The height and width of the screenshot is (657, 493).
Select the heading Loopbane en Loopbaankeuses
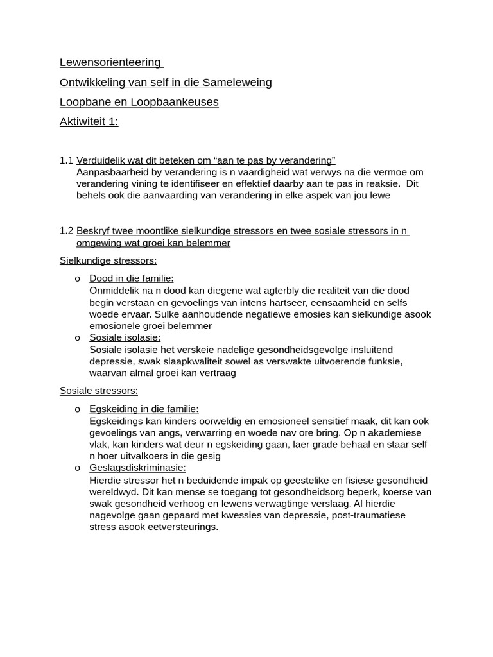tap(139, 102)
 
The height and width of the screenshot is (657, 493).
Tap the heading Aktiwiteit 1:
tap(89, 122)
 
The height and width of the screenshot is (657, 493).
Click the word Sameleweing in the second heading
tap(237, 82)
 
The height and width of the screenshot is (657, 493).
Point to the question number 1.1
tap(66, 160)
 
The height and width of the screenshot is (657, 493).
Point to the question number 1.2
tap(66, 231)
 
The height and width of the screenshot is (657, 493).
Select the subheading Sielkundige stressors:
tap(108, 260)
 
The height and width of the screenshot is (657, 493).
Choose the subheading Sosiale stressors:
tap(98, 391)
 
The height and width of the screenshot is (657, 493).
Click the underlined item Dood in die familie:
tap(132, 278)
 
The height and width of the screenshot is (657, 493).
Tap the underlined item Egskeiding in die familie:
tap(144, 409)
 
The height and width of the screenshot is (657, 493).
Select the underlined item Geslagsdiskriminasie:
tap(137, 468)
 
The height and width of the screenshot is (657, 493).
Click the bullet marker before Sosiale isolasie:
tap(78, 338)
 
